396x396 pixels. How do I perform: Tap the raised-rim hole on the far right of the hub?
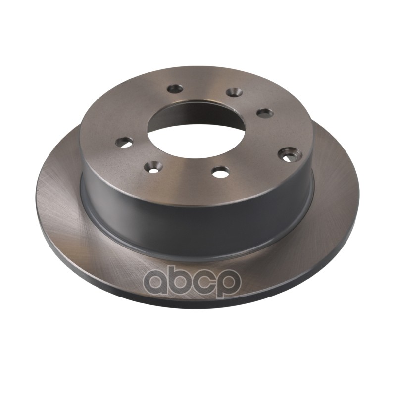pos(290,154)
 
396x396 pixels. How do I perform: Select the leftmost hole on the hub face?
pos(124,143)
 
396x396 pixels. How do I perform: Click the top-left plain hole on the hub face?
pos(175,88)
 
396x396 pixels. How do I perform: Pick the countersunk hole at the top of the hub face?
pos(234,92)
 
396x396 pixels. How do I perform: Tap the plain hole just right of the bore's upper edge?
pos(265,113)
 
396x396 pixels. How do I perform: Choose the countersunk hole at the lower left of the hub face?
pos(153,167)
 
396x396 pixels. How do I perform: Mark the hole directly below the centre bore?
pos(221,172)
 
